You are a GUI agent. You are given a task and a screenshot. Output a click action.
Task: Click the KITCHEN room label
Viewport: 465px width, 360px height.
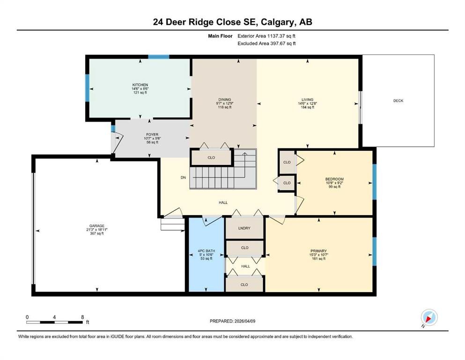(x=140, y=85)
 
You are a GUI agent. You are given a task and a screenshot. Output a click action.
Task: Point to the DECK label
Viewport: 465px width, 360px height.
(x=398, y=101)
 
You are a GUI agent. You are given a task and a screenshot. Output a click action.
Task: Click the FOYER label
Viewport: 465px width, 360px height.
(x=151, y=135)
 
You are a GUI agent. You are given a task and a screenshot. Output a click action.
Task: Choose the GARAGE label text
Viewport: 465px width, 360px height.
(x=97, y=225)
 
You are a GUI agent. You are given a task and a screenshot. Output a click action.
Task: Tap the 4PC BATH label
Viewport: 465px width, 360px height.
(x=206, y=251)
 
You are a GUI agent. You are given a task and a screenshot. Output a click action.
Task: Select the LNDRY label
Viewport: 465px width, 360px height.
(x=244, y=228)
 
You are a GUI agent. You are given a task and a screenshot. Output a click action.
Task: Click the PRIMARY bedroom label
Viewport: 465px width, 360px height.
(x=318, y=251)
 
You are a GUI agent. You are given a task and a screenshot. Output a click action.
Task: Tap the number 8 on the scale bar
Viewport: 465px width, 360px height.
(x=82, y=317)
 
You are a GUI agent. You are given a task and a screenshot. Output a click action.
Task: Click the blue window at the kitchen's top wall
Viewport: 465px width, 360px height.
(x=159, y=57)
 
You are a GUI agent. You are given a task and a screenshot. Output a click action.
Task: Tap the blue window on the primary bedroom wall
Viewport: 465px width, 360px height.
(x=374, y=251)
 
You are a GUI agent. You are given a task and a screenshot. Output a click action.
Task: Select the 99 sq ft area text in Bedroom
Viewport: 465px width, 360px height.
(x=334, y=187)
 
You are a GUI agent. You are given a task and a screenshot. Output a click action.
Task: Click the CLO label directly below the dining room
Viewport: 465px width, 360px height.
(x=211, y=157)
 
